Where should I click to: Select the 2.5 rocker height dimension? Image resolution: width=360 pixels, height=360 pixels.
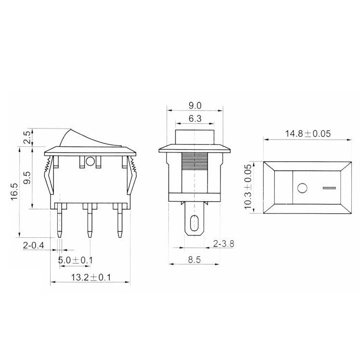27,138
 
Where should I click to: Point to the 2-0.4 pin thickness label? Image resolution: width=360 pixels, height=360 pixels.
33,246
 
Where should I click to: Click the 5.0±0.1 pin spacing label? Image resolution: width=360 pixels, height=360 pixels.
76,260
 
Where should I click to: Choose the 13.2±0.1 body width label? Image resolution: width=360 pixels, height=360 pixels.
90,278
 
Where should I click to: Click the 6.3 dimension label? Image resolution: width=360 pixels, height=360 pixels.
195,118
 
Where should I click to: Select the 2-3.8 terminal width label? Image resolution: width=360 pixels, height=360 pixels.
224,244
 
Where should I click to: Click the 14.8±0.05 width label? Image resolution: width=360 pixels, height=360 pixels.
308,134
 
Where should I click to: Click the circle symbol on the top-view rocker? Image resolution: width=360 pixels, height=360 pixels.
302,187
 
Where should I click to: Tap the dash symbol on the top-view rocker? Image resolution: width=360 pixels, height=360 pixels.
329,187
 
